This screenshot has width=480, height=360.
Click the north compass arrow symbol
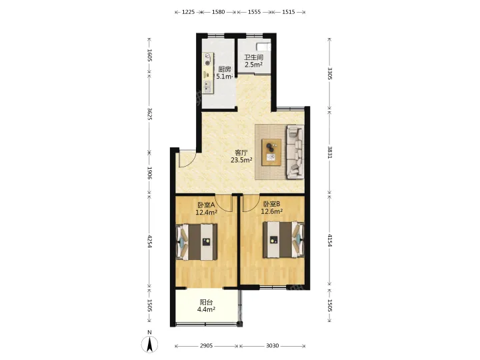[150, 344]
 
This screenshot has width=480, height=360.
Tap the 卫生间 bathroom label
[254, 57]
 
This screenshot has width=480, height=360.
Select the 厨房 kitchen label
[225, 69]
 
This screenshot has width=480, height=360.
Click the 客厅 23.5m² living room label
[241, 156]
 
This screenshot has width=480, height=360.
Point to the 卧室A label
[206, 204]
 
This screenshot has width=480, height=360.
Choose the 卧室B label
[272, 204]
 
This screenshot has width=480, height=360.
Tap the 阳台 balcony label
[206, 303]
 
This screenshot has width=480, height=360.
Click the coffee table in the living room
[271, 152]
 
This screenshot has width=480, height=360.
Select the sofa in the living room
[295, 152]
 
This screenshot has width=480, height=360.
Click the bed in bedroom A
[197, 242]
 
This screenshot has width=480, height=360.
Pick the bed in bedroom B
[283, 239]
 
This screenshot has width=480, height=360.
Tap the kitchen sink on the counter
[208, 86]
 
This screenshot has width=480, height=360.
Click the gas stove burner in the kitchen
[208, 59]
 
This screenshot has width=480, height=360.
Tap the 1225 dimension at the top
[188, 12]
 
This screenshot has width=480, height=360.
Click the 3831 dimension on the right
[329, 152]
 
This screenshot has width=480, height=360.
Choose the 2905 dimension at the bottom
[206, 345]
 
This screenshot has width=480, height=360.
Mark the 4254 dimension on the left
[149, 241]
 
